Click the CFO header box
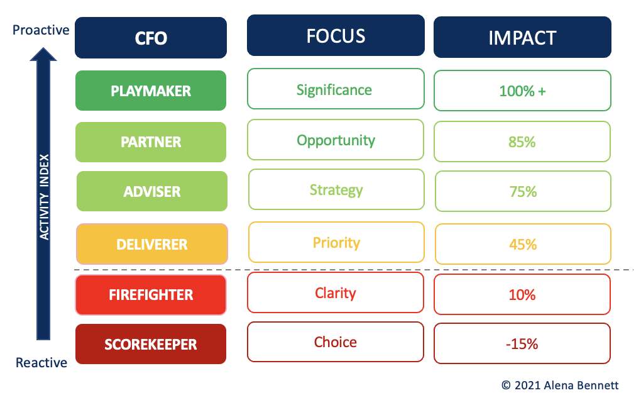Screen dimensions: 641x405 click(151, 38)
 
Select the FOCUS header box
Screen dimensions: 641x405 click(336, 35)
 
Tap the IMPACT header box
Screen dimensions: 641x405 click(522, 37)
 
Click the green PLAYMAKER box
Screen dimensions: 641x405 click(151, 91)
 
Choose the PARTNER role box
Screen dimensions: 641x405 click(151, 142)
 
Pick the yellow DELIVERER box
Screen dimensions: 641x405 click(152, 244)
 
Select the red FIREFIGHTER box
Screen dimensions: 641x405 click(151, 294)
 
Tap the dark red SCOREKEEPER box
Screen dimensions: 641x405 click(151, 344)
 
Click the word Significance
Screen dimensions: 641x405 click(334, 90)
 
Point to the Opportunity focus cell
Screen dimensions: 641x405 click(336, 140)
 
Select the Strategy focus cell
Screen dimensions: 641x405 click(336, 189)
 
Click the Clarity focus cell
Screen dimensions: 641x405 click(336, 292)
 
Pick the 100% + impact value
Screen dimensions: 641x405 click(522, 91)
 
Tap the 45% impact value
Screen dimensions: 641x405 click(523, 244)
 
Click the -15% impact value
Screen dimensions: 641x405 click(522, 344)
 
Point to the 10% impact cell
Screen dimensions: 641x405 click(522, 294)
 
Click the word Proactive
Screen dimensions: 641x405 click(41, 30)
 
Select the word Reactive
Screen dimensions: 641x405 click(41, 362)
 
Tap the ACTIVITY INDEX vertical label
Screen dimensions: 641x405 click(44, 197)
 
